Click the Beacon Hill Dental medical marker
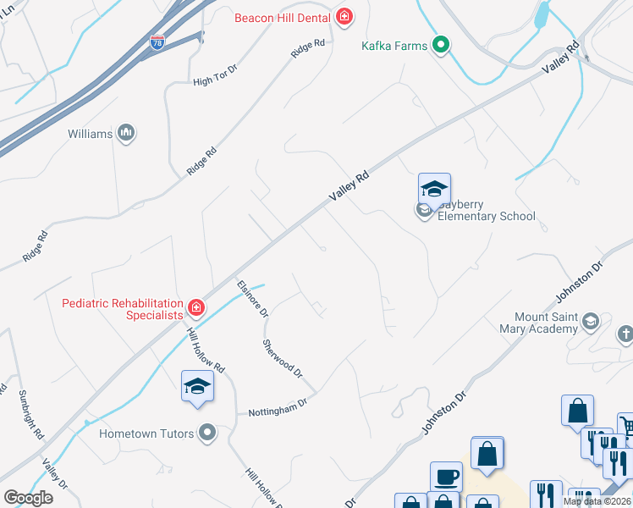pyautogui.click(x=344, y=17)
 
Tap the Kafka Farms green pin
pyautogui.click(x=440, y=46)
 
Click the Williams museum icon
pyautogui.click(x=126, y=133)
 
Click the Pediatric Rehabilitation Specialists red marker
pyautogui.click(x=196, y=306)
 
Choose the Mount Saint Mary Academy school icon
pyautogui.click(x=591, y=321)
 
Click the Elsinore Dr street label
pyautogui.click(x=252, y=298)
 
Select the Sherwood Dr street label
pyautogui.click(x=282, y=358)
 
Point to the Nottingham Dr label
pyautogui.click(x=277, y=410)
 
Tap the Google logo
pyautogui.click(x=28, y=498)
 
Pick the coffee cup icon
pyautogui.click(x=446, y=478)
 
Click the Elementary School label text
pyautogui.click(x=487, y=216)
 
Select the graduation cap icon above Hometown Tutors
pyautogui.click(x=196, y=386)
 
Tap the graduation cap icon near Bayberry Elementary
pyautogui.click(x=434, y=189)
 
